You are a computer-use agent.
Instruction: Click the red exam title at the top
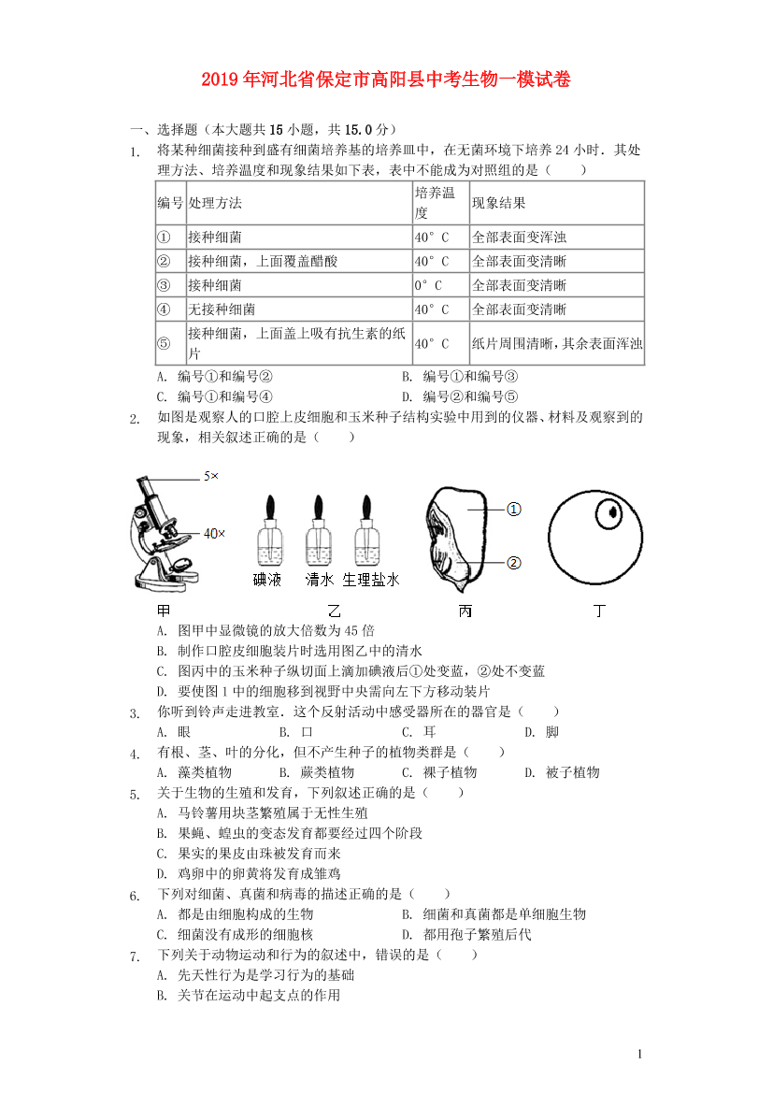386,79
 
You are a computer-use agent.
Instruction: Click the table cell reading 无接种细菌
222,309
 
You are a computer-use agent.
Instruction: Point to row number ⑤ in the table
164,344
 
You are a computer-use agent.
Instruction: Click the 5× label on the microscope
210,476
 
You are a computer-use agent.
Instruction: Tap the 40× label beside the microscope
214,534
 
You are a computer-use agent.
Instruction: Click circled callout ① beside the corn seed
513,510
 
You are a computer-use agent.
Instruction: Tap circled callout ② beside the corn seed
513,563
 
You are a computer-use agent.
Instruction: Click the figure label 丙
465,611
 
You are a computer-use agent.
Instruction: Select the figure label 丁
598,611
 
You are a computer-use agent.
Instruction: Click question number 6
136,896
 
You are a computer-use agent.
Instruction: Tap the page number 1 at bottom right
639,1055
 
